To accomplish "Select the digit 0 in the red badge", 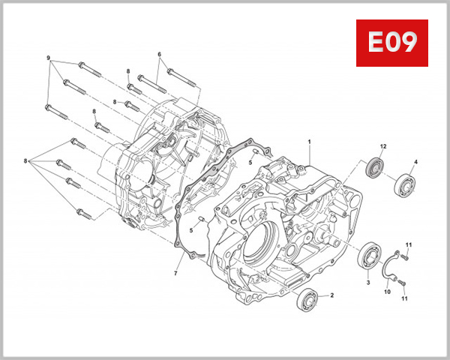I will [x=391, y=43].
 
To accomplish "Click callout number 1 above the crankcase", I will [x=308, y=141].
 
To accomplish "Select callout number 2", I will [x=331, y=295].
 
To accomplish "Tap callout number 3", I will [x=368, y=282].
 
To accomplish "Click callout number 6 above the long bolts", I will [x=160, y=54].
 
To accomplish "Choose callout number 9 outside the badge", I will [x=49, y=58].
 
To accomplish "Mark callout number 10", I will [x=388, y=292].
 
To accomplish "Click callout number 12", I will [x=382, y=145].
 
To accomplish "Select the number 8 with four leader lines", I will [x=25, y=161].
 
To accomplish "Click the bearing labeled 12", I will [x=375, y=166].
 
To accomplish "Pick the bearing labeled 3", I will [x=369, y=254].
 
